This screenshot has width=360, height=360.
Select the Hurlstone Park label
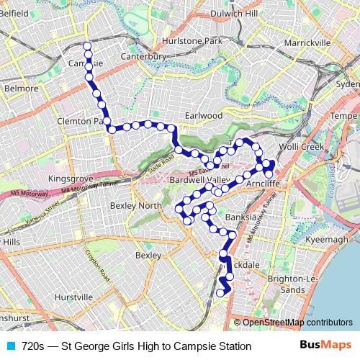(193, 41)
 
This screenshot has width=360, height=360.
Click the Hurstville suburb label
(74, 297)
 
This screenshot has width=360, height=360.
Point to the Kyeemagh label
(327, 239)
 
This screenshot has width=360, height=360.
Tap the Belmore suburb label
(22, 89)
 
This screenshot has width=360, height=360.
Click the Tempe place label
(343, 116)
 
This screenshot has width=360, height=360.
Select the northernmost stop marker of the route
(88, 46)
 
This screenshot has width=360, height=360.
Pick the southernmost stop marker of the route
(220, 293)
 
